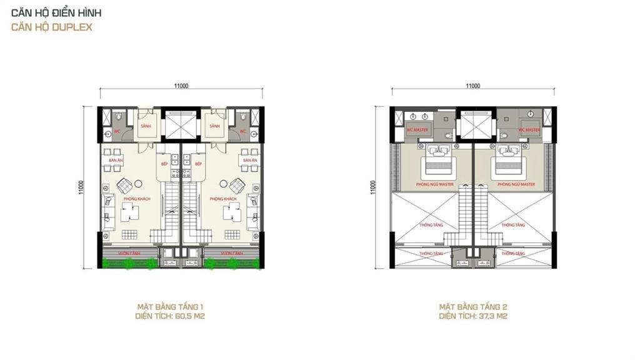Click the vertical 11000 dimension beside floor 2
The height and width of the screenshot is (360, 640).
373,187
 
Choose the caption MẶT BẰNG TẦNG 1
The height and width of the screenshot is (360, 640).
171,307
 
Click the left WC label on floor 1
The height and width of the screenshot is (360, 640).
116,132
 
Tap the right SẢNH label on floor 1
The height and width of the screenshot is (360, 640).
215,126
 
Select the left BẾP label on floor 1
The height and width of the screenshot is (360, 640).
166,164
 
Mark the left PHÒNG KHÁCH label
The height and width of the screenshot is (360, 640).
131,199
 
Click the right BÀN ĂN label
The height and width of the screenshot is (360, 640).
250,161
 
